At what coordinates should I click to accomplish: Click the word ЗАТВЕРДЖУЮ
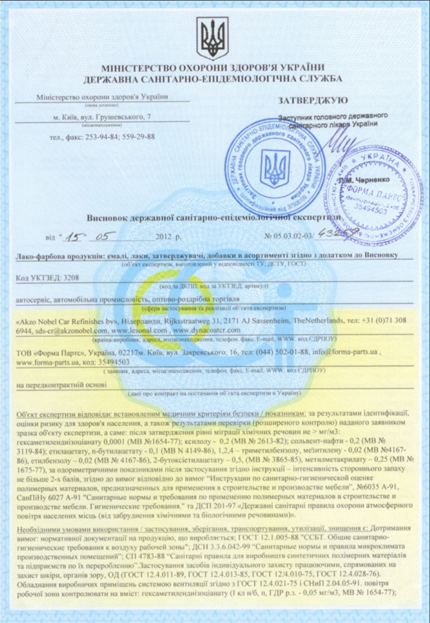tap(309, 100)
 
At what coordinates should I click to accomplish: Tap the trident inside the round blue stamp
tap(272, 169)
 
